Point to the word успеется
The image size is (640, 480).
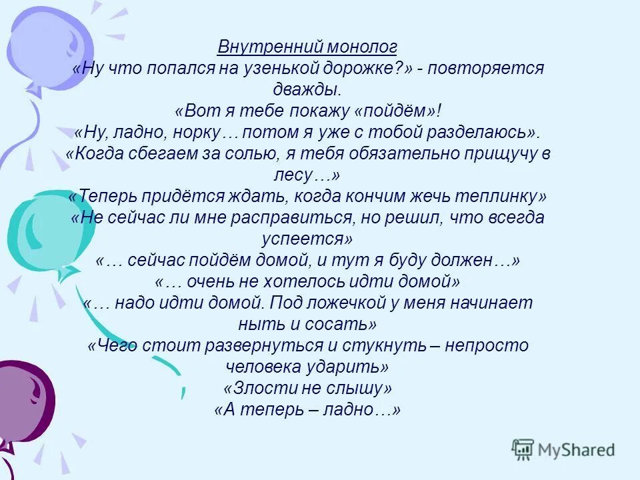307,239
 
